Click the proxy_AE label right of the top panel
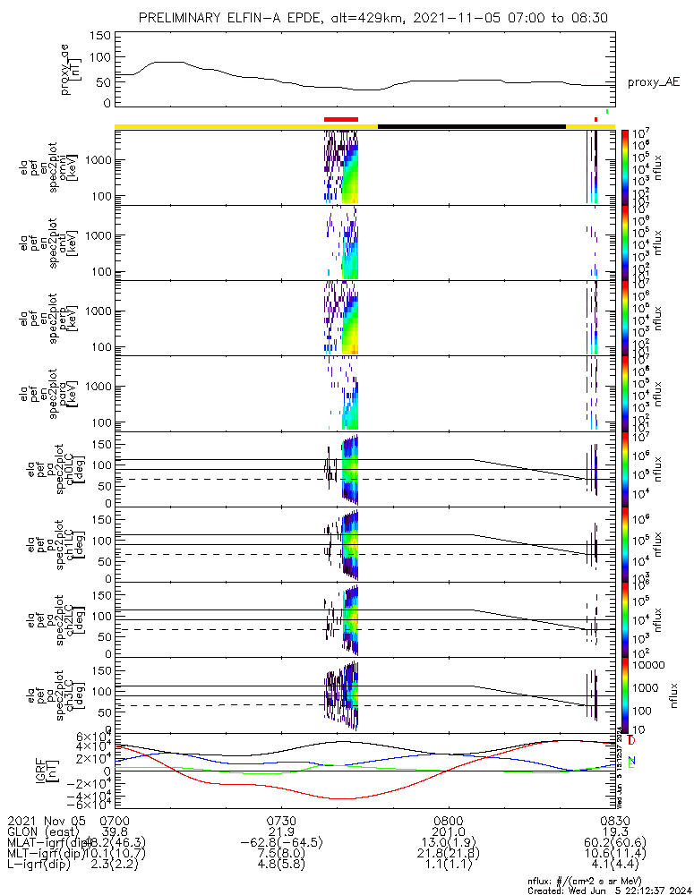point(653,82)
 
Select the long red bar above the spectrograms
point(341,118)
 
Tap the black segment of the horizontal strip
point(472,126)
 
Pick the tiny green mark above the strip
point(607,112)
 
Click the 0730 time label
point(281,820)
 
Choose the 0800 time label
point(447,820)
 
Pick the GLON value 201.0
point(447,831)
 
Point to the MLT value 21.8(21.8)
point(447,855)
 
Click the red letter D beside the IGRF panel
point(632,741)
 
